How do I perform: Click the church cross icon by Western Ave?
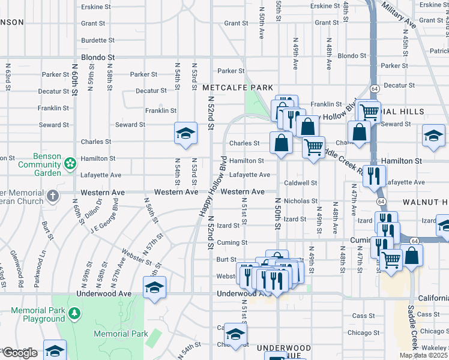tap(53, 196)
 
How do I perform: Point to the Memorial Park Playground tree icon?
tap(74, 313)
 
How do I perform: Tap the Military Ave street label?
tap(398, 16)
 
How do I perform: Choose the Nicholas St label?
tap(300, 201)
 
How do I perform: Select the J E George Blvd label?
tap(103, 218)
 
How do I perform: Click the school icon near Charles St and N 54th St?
tap(186, 133)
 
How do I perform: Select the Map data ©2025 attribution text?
tap(423, 355)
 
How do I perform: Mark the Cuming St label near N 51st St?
tap(232, 242)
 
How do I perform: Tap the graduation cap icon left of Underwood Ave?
tap(154, 287)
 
